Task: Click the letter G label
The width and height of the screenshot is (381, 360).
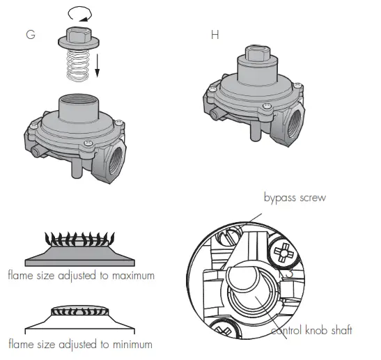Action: (x=30, y=34)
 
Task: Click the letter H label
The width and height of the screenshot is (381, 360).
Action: (x=215, y=34)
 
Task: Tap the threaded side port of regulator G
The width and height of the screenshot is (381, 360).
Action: (x=115, y=155)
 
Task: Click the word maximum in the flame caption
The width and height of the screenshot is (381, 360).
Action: (x=129, y=276)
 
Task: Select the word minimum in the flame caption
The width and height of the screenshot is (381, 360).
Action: (x=128, y=343)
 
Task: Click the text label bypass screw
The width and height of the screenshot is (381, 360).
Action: (x=295, y=198)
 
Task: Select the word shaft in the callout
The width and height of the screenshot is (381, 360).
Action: (x=339, y=330)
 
